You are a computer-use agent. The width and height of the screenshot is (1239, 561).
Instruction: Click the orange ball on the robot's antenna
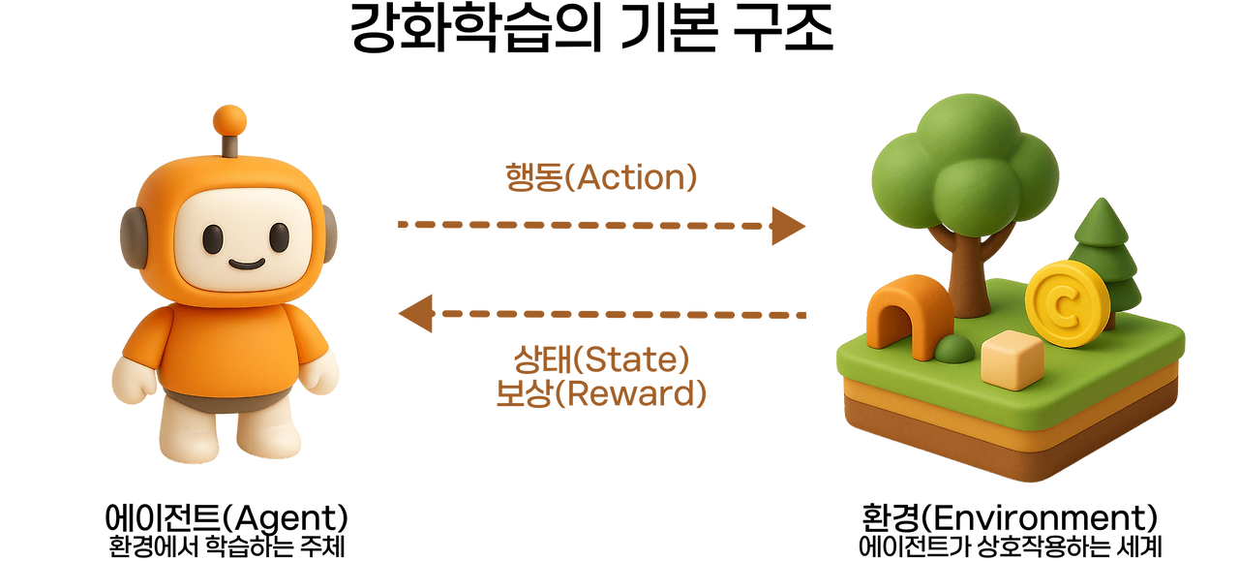pos(230,120)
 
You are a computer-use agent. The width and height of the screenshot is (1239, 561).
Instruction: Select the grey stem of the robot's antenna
pos(230,146)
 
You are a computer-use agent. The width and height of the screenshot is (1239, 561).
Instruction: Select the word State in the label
pos(630,360)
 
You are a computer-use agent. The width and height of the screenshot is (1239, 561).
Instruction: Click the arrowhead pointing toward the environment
pos(789,225)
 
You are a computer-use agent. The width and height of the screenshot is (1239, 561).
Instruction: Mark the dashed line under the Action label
pos(581,225)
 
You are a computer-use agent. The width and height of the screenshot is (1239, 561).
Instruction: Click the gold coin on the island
pos(1068,302)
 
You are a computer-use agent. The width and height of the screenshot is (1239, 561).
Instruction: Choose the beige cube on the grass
pos(1012,359)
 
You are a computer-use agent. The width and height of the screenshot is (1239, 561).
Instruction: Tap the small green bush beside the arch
pos(953,349)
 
